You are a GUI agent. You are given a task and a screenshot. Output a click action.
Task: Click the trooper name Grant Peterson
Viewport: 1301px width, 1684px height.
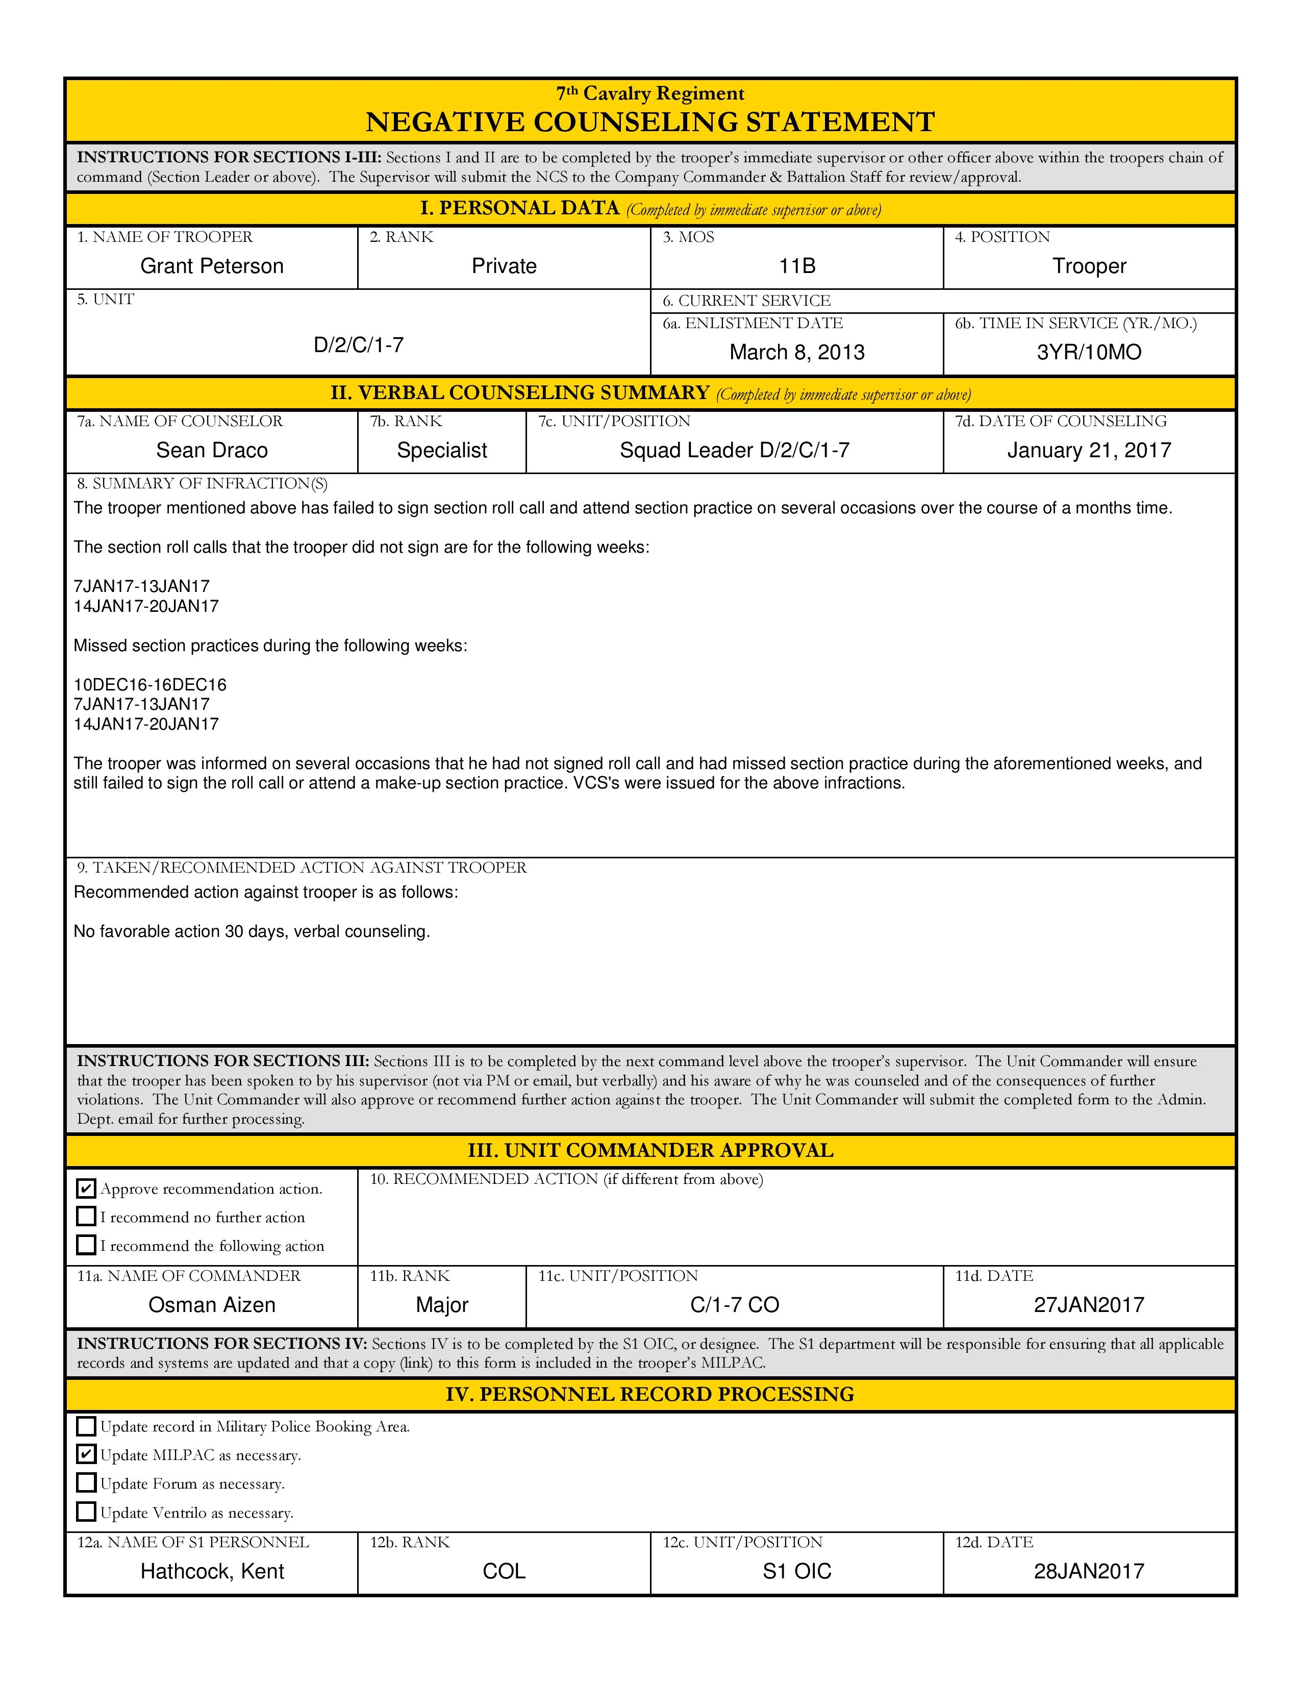coord(212,266)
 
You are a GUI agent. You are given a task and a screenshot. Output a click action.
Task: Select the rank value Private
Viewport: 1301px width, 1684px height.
coord(504,266)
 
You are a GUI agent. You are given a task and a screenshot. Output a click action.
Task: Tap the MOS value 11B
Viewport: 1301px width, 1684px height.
coord(797,266)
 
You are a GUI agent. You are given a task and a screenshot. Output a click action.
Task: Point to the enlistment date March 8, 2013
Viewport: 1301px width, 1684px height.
coord(797,353)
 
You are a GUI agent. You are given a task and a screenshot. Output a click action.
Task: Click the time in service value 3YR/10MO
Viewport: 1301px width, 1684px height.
coord(1089,353)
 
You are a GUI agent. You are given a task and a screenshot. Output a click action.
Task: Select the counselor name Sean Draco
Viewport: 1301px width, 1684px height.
coord(212,450)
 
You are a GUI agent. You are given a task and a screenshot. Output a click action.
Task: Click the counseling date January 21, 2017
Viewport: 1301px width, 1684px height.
coord(1089,450)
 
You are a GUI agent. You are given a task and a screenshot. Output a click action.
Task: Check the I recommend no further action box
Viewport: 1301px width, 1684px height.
coord(86,1217)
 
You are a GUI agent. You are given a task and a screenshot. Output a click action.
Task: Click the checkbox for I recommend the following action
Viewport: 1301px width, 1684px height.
coord(86,1245)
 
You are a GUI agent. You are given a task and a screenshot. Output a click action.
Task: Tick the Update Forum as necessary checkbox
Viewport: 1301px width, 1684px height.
coord(86,1483)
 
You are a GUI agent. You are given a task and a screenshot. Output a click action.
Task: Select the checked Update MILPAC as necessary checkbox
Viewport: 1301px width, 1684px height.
coord(86,1454)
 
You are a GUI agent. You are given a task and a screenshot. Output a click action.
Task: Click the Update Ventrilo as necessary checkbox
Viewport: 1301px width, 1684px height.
coord(86,1512)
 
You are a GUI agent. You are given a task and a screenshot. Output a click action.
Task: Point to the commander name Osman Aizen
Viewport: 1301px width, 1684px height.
coord(212,1305)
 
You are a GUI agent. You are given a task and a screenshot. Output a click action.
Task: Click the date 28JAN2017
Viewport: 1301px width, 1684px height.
coord(1089,1571)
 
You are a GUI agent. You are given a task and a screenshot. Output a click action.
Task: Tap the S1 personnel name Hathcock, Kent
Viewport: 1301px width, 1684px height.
coord(212,1571)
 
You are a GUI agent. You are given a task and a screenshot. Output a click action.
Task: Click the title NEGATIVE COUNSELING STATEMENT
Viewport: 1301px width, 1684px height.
coord(649,122)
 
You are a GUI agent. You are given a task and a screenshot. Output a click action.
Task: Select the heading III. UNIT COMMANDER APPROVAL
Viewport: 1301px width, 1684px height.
coord(649,1150)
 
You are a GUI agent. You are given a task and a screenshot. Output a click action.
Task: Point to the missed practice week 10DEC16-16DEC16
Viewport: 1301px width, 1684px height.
coord(151,685)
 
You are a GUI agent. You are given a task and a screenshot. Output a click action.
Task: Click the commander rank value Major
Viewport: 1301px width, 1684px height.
coord(442,1305)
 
